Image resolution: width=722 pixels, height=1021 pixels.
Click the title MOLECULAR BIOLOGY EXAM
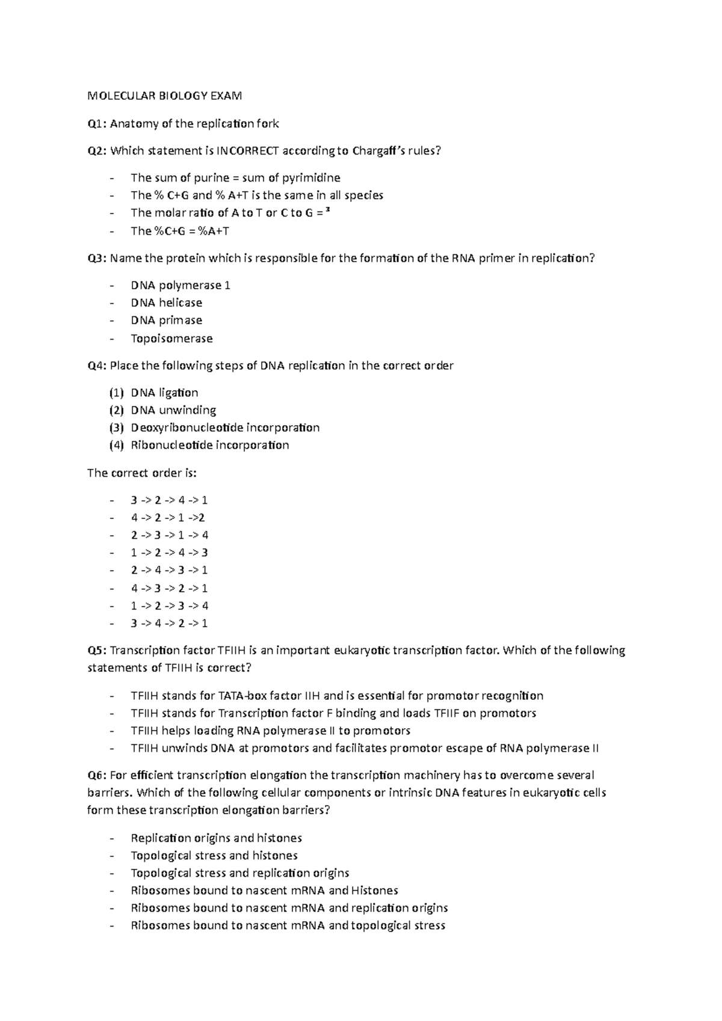165,96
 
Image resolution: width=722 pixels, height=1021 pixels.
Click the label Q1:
97,124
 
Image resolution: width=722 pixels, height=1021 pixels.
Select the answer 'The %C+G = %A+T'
180,231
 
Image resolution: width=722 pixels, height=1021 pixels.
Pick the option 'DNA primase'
167,320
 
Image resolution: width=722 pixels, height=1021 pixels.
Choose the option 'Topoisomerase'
171,339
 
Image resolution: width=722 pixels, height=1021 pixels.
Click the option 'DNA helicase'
167,303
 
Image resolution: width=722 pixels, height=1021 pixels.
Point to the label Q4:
97,366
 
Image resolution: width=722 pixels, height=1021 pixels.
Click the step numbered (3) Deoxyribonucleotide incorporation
225,428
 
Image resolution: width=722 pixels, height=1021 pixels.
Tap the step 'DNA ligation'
164,393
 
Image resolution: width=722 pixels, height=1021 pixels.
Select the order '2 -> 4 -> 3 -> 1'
169,570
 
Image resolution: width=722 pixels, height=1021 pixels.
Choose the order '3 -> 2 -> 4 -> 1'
169,500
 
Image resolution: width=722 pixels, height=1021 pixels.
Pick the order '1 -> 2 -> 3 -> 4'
169,606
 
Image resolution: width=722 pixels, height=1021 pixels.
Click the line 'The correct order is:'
142,473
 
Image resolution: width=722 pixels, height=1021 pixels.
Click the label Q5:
97,651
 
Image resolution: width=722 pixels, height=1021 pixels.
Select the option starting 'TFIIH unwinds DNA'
365,749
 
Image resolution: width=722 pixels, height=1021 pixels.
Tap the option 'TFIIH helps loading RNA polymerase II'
270,731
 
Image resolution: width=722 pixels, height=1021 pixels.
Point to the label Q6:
97,776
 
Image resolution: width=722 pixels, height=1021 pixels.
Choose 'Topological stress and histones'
214,856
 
